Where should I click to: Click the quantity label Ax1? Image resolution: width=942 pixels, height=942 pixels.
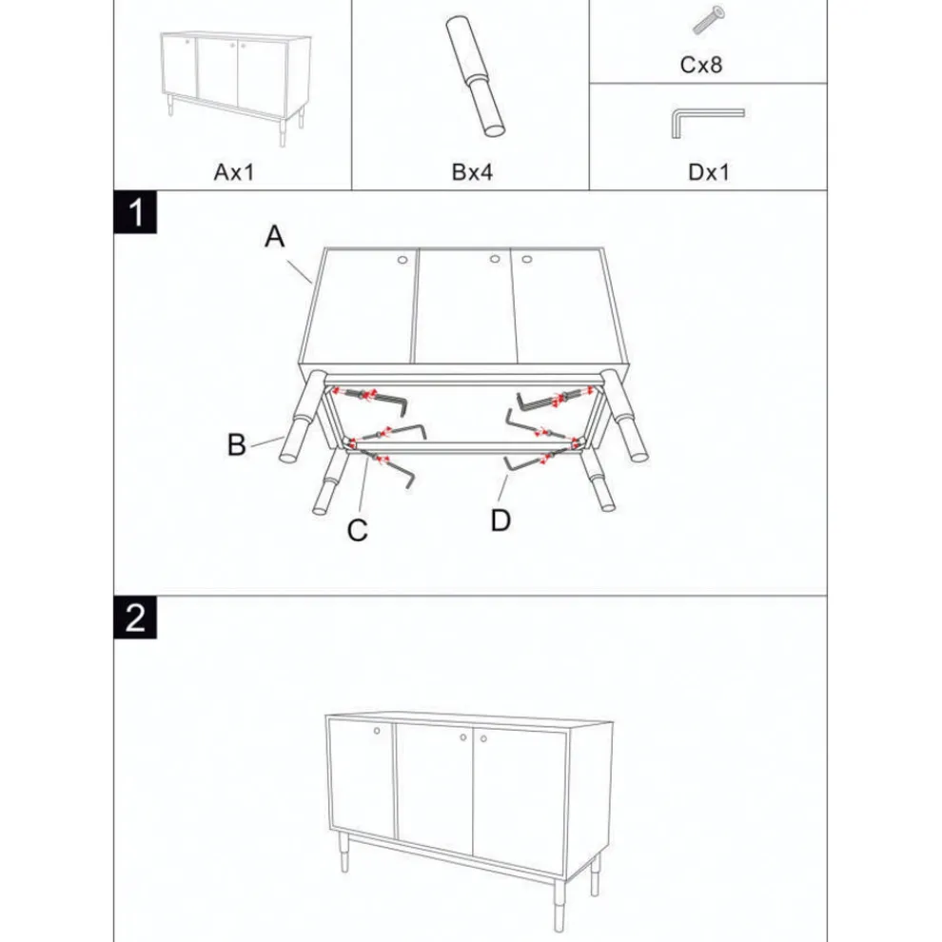point(234,172)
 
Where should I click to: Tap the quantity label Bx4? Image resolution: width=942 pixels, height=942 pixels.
point(471,172)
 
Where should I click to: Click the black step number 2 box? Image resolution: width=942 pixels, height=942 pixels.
point(136,618)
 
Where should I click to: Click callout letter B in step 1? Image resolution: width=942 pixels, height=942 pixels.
point(237,443)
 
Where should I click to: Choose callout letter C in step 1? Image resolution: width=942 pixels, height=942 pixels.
point(357,531)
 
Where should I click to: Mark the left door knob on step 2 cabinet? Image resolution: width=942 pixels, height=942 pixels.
point(378,731)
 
